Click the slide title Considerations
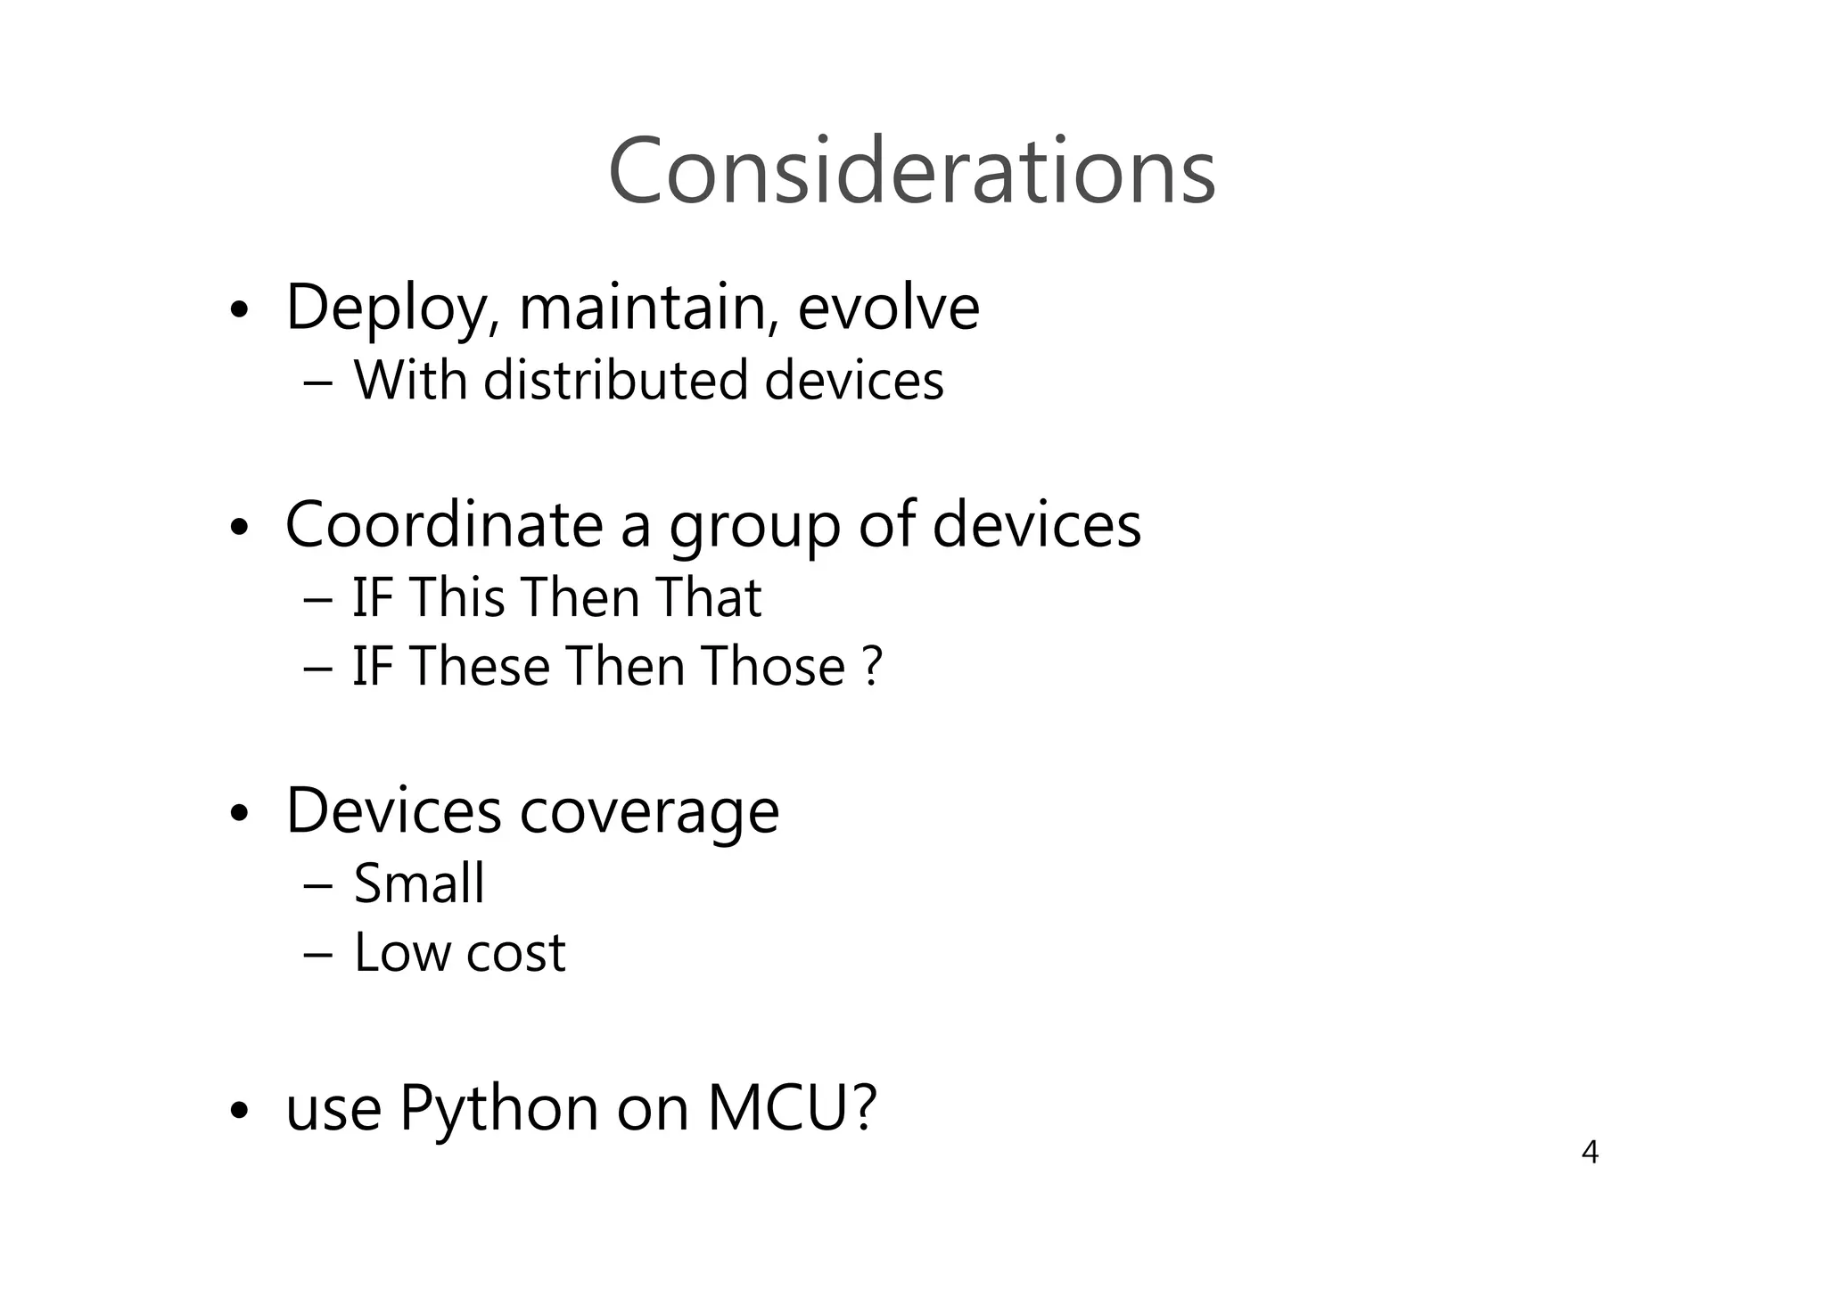tap(911, 170)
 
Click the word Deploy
tap(388, 308)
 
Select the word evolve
tap(888, 308)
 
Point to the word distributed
tap(615, 381)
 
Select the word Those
tap(772, 667)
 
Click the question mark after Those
tap(873, 667)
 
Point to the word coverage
tap(648, 813)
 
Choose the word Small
tap(419, 883)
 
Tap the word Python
tap(499, 1111)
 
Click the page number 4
tap(1590, 1153)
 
